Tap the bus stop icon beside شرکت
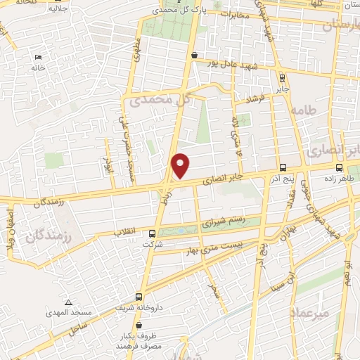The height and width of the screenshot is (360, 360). [153, 233]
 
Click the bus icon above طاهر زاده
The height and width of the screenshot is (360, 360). [340, 167]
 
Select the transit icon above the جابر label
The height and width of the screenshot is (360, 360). [282, 78]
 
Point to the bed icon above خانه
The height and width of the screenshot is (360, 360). [38, 58]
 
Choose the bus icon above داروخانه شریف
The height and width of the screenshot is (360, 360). [139, 296]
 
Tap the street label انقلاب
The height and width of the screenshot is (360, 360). [127, 231]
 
